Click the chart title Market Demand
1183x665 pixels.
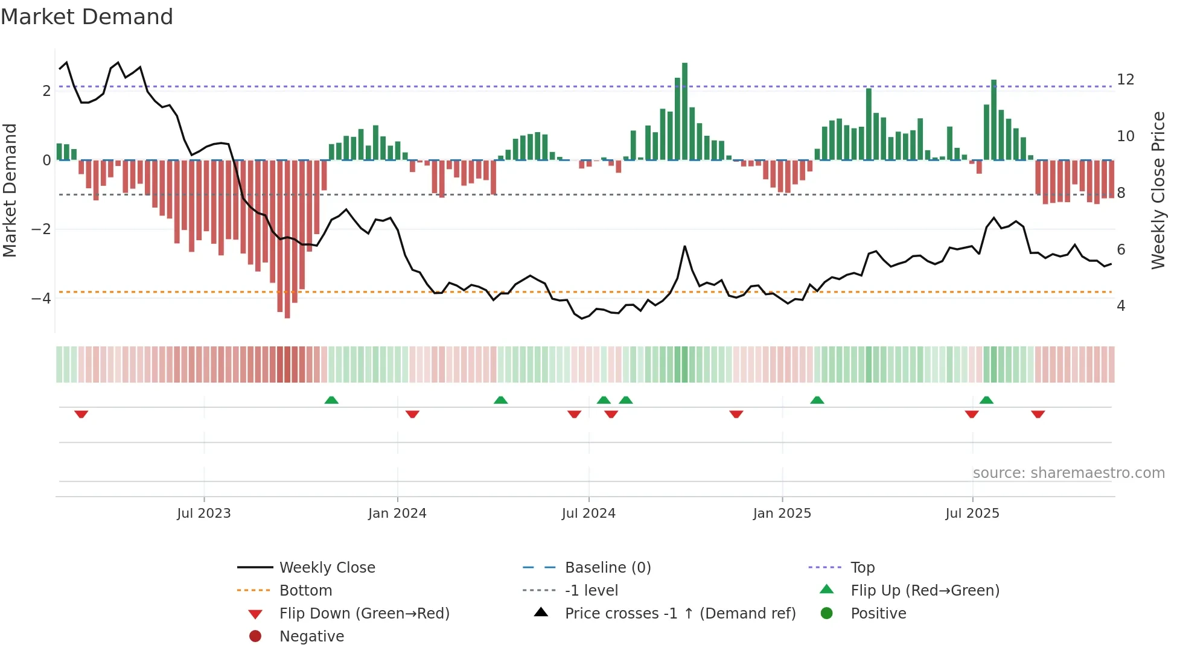click(x=87, y=17)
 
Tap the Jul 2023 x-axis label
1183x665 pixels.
click(x=204, y=514)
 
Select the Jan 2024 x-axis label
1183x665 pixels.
click(x=397, y=514)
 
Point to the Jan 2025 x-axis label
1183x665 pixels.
click(x=782, y=514)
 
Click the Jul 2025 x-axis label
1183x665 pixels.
click(x=972, y=514)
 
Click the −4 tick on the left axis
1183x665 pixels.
click(x=41, y=299)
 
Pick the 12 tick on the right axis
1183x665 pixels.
click(x=1125, y=80)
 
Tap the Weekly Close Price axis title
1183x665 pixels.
click(x=1158, y=190)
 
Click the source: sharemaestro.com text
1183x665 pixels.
click(x=1068, y=473)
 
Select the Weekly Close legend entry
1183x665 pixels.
click(x=327, y=568)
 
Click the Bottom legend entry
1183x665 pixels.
click(x=305, y=591)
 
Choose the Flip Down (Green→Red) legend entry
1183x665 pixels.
click(x=364, y=614)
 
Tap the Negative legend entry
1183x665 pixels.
click(x=311, y=637)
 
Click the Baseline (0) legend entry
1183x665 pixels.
click(x=607, y=568)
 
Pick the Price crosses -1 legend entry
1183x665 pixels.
click(x=680, y=614)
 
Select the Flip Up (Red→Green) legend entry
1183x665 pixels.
click(x=925, y=591)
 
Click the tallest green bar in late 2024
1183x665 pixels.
click(x=684, y=112)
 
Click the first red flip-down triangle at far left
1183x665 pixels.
click(x=81, y=414)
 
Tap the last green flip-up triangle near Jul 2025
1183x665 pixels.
click(x=986, y=400)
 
